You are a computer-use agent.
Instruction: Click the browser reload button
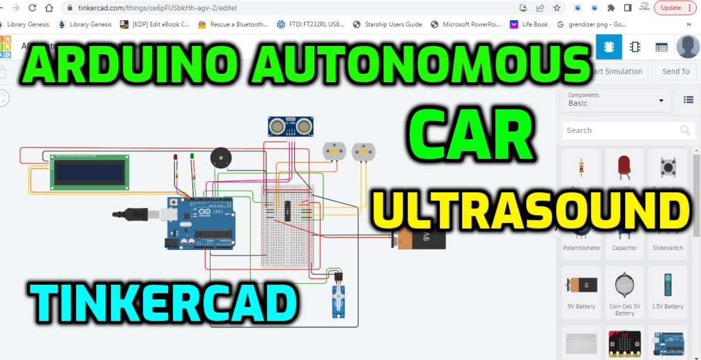point(32,8)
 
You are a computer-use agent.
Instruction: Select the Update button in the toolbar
point(670,8)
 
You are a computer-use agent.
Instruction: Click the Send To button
point(675,71)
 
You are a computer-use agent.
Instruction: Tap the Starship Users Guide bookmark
point(387,24)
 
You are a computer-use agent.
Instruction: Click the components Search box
point(620,130)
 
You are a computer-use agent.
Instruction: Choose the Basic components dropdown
point(617,100)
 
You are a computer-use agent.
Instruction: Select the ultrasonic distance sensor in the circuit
point(290,126)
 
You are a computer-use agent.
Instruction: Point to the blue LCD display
point(89,171)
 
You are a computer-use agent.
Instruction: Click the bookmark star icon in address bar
point(556,8)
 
